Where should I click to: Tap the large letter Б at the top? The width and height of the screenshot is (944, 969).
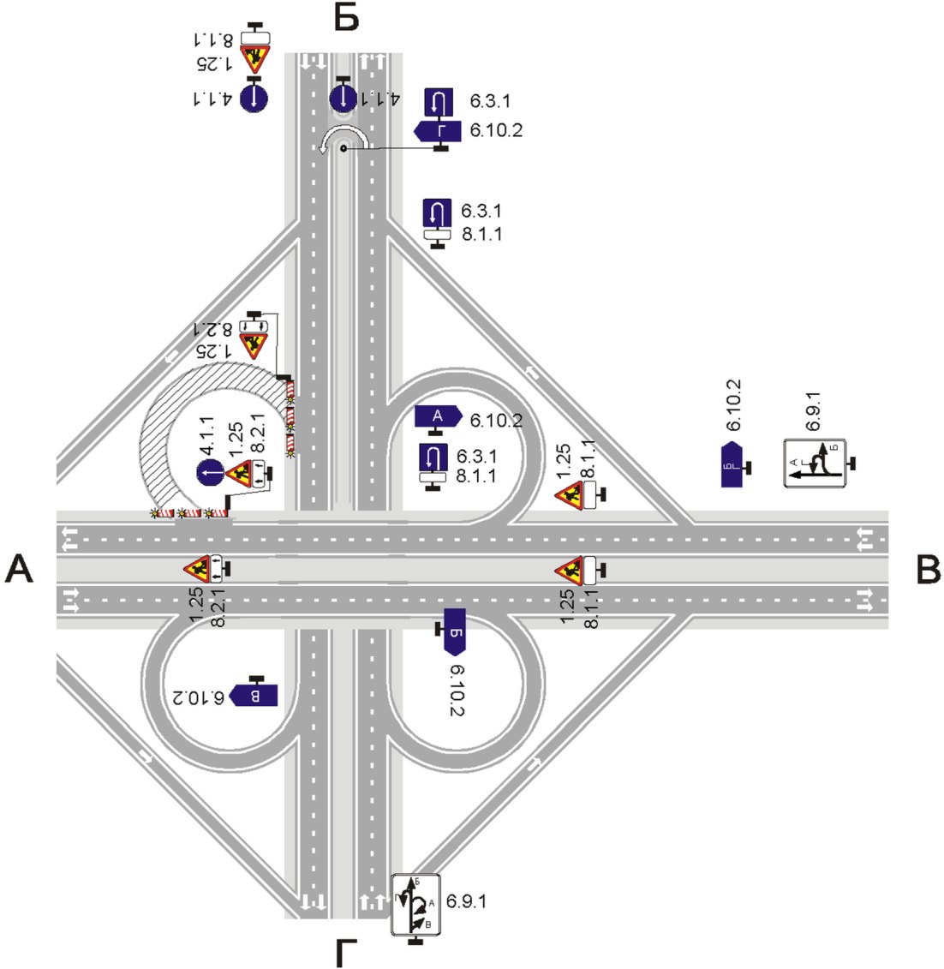point(346,17)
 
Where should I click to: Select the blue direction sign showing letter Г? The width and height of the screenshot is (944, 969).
point(439,130)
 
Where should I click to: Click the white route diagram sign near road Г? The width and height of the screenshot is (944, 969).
point(415,905)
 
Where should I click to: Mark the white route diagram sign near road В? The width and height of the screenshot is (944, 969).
point(816,464)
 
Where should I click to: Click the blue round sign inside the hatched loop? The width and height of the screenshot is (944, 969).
point(210,472)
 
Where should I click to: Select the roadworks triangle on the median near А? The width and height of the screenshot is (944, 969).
point(197,567)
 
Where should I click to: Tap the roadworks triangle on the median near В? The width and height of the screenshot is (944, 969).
point(568,568)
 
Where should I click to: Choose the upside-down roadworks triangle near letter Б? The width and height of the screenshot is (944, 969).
point(254,60)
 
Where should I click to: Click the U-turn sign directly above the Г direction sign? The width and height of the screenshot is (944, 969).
point(439,102)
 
